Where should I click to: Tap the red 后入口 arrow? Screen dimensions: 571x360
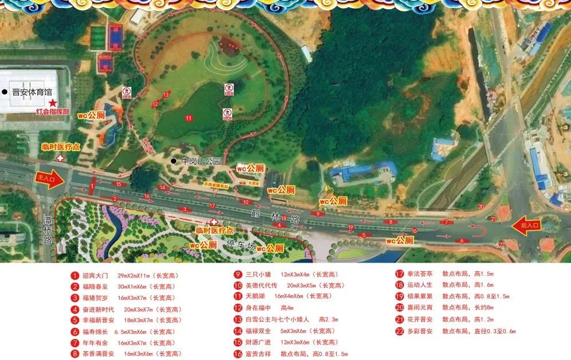tap(526, 225)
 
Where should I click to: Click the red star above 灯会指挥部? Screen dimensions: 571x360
tap(53, 102)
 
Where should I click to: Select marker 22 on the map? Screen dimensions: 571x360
tap(502, 244)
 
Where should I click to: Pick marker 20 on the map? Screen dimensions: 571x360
tap(481, 207)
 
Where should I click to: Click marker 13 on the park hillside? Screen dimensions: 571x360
tap(166, 94)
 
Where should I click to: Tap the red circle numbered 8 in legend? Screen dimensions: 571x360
tap(74, 354)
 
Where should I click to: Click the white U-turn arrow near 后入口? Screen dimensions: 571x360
tap(478, 230)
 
